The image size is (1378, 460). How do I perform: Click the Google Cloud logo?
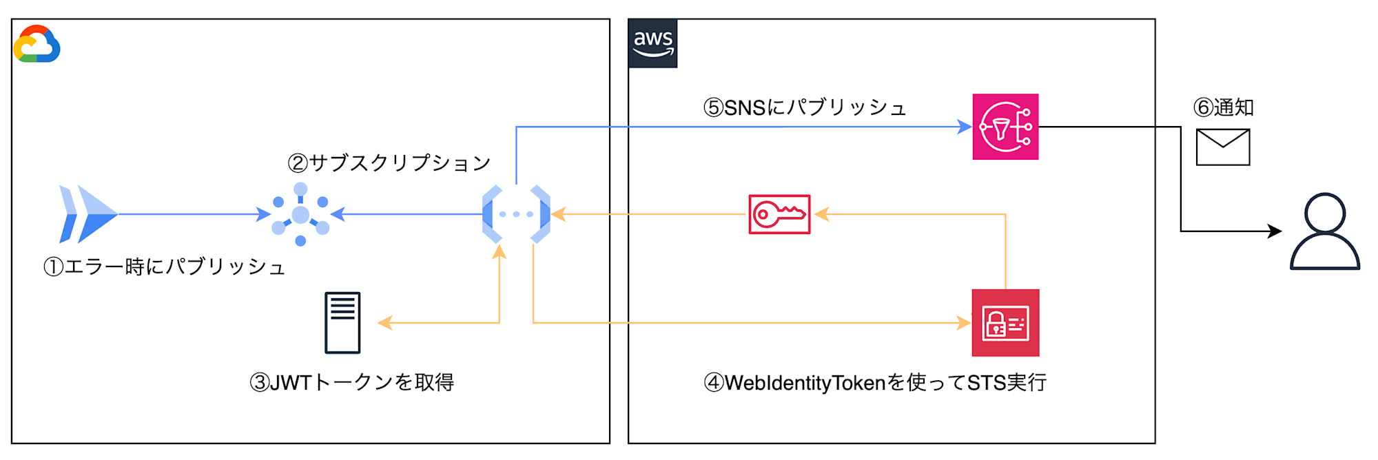pyautogui.click(x=37, y=44)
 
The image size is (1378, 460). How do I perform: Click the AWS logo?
pyautogui.click(x=652, y=43)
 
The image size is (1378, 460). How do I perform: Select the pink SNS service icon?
pyautogui.click(x=1005, y=127)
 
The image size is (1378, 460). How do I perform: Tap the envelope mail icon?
pyautogui.click(x=1223, y=147)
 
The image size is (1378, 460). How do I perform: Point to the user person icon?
pyautogui.click(x=1324, y=231)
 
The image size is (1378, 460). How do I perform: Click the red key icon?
pyautogui.click(x=779, y=214)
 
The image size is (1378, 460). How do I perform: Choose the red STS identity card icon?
pyautogui.click(x=1005, y=323)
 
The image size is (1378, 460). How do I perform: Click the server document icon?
pyautogui.click(x=342, y=322)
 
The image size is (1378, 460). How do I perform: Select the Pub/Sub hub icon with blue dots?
pyautogui.click(x=300, y=214)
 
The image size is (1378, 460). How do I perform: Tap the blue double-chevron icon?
pyautogui.click(x=88, y=214)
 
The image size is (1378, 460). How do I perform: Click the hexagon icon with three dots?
pyautogui.click(x=516, y=214)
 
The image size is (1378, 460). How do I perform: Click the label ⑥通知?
pyautogui.click(x=1223, y=107)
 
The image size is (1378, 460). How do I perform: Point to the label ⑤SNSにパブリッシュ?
pyautogui.click(x=804, y=107)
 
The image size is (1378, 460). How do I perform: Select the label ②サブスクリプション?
pyautogui.click(x=389, y=163)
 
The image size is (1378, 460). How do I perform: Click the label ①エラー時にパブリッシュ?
pyautogui.click(x=164, y=266)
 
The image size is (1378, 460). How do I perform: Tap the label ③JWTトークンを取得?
pyautogui.click(x=351, y=382)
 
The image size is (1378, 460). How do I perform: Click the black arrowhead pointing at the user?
pyautogui.click(x=1275, y=231)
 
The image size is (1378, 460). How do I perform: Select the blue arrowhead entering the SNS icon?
pyautogui.click(x=965, y=127)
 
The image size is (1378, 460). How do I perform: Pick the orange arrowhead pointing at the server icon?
pyautogui.click(x=384, y=322)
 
